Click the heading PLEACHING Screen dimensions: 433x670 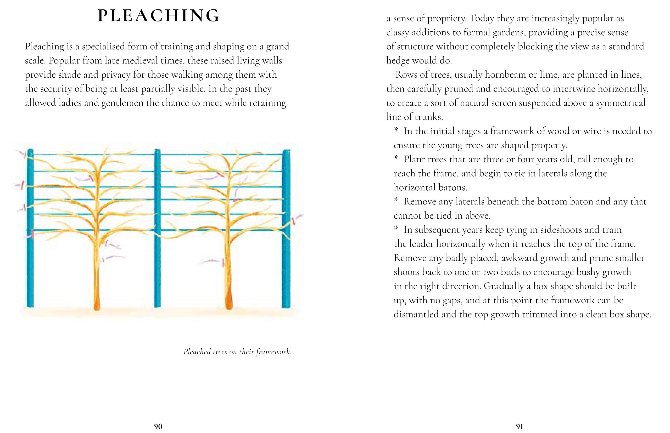click(x=158, y=16)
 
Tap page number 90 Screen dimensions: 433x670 click(x=158, y=426)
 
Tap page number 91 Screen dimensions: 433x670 click(x=520, y=426)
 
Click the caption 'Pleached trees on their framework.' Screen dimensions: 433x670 click(x=237, y=352)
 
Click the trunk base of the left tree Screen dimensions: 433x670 click(x=97, y=304)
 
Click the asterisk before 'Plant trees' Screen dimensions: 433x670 click(x=396, y=158)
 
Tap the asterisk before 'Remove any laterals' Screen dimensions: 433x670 click(x=396, y=201)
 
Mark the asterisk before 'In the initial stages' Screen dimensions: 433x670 click(x=396, y=130)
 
